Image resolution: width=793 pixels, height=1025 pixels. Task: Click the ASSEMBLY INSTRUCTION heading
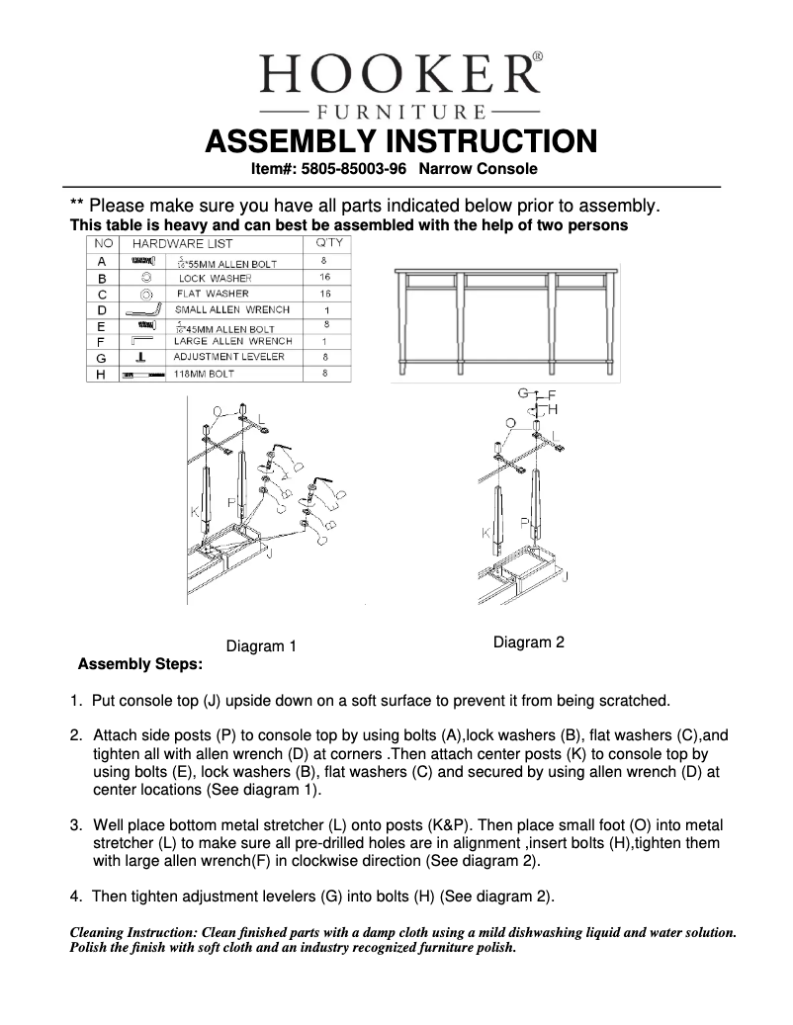pyautogui.click(x=399, y=141)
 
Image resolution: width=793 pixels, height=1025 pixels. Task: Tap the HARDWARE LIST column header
pyautogui.click(x=183, y=243)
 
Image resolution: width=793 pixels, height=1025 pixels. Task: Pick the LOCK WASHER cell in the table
pyautogui.click(x=215, y=279)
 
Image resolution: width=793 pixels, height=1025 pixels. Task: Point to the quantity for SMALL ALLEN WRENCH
pyautogui.click(x=325, y=310)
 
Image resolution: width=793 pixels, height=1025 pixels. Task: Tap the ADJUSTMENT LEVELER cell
pyautogui.click(x=228, y=357)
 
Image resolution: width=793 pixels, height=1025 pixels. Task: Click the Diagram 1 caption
pyautogui.click(x=262, y=646)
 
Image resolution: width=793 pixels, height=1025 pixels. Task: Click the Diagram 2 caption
pyautogui.click(x=529, y=642)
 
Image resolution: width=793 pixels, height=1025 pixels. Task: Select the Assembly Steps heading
pyautogui.click(x=140, y=664)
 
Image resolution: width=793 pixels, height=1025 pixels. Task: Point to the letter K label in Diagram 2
pyautogui.click(x=486, y=533)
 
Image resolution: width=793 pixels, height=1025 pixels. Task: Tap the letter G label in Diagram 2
pyautogui.click(x=523, y=392)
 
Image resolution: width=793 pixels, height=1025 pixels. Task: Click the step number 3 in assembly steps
pyautogui.click(x=75, y=824)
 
